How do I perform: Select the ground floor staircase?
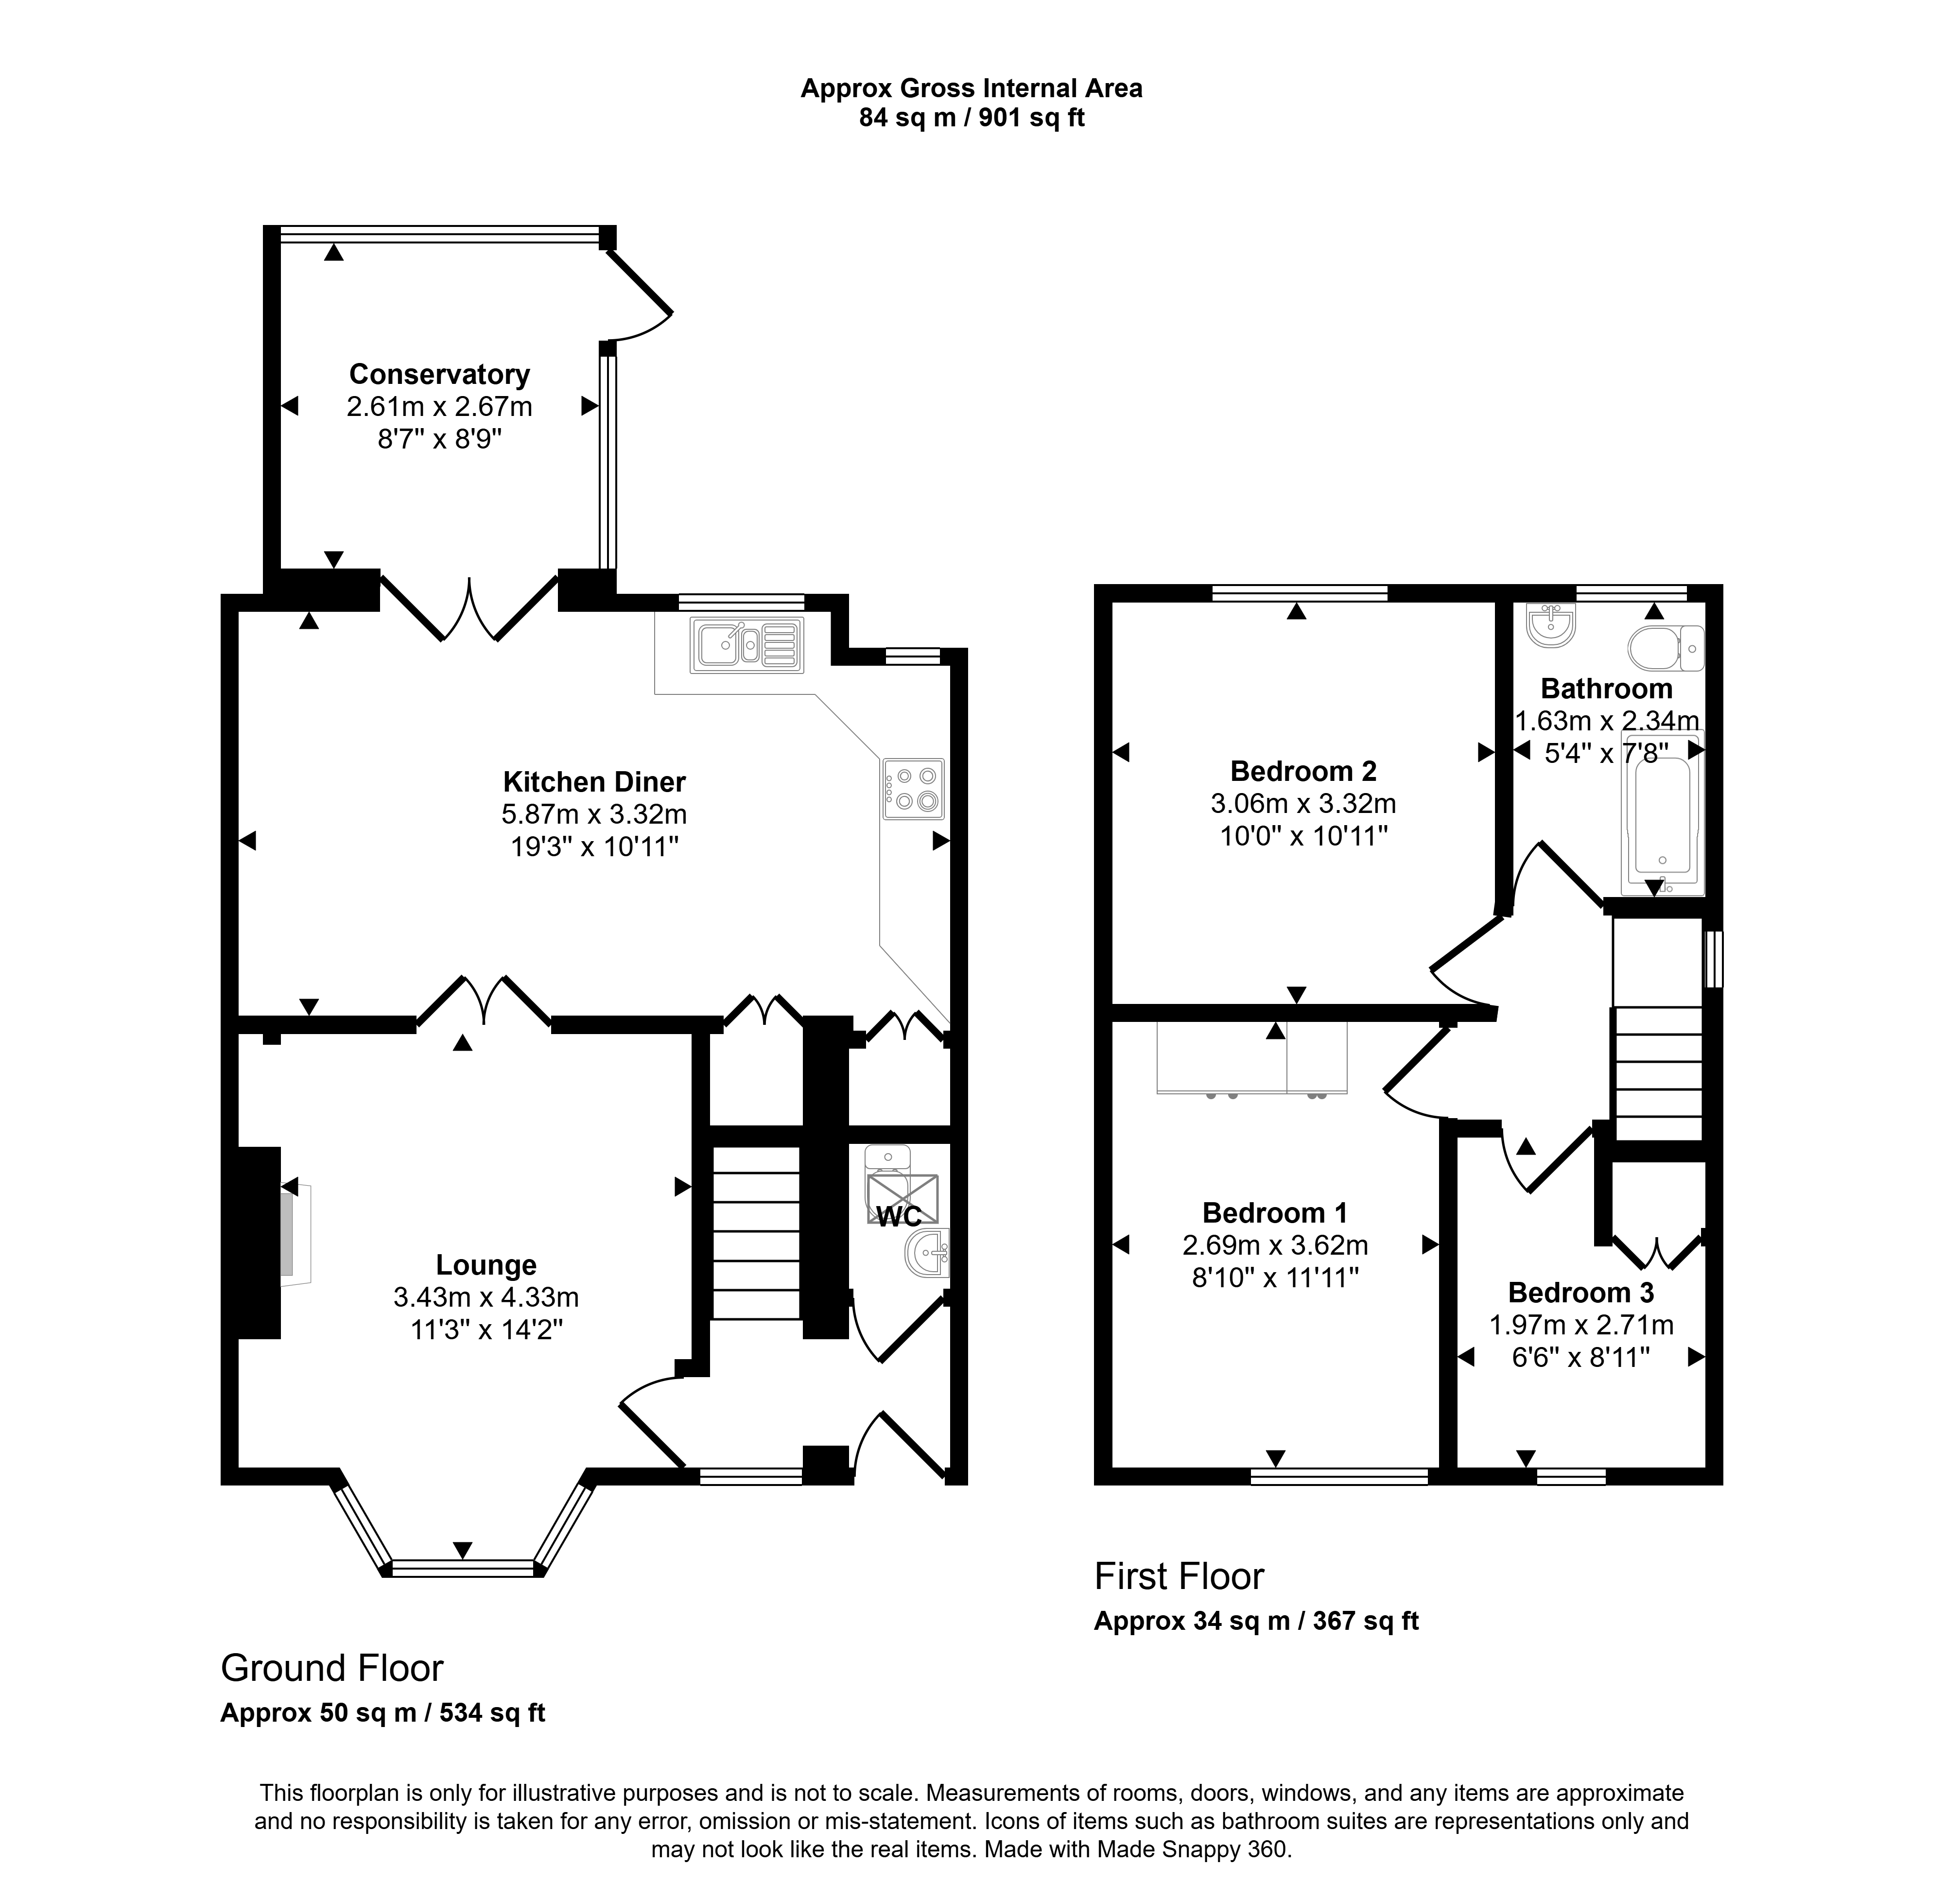click(756, 1233)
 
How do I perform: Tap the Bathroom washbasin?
click(1551, 625)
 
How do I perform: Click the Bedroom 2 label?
click(1303, 771)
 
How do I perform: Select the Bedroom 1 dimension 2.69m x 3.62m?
click(1275, 1245)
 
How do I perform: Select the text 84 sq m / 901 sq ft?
click(972, 118)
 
